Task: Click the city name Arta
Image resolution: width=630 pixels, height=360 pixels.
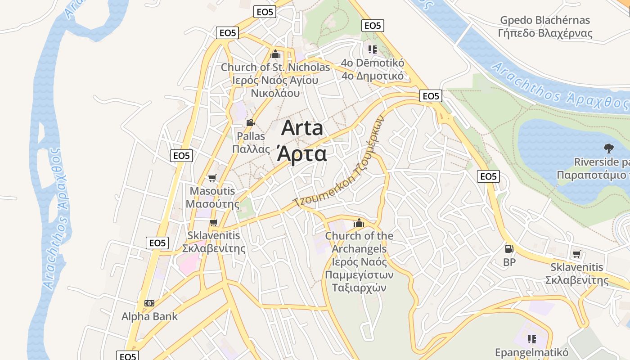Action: pyautogui.click(x=302, y=140)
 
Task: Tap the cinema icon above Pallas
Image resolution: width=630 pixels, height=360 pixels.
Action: pyautogui.click(x=250, y=122)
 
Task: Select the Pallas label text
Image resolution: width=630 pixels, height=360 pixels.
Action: pyautogui.click(x=251, y=142)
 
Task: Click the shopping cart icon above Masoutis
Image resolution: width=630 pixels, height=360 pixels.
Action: pyautogui.click(x=212, y=178)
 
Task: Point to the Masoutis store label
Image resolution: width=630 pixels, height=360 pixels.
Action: pyautogui.click(x=212, y=197)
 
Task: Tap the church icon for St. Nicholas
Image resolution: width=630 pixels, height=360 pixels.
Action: pyautogui.click(x=275, y=54)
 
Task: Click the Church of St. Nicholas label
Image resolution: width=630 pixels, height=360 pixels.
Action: pyautogui.click(x=275, y=80)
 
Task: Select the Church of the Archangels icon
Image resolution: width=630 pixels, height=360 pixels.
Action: pyautogui.click(x=359, y=223)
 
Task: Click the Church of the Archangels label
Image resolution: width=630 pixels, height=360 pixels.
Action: pyautogui.click(x=359, y=261)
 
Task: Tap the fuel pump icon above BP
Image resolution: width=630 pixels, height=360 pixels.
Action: pyautogui.click(x=509, y=249)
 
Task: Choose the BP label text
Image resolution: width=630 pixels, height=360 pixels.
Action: pyautogui.click(x=509, y=262)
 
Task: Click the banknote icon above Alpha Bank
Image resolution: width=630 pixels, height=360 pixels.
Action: pyautogui.click(x=149, y=303)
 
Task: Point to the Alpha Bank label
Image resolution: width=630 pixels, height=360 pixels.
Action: pyautogui.click(x=149, y=316)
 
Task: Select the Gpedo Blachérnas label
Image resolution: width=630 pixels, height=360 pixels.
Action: pyautogui.click(x=545, y=27)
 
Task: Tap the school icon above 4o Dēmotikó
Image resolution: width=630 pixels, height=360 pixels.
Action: pyautogui.click(x=372, y=49)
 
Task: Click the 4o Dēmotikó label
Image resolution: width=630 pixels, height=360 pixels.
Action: pyautogui.click(x=373, y=69)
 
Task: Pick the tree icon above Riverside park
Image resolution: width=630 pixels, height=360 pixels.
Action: pyautogui.click(x=608, y=148)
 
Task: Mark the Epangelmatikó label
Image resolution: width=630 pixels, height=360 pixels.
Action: pyautogui.click(x=531, y=352)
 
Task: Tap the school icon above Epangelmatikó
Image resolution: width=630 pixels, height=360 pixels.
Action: pyautogui.click(x=531, y=339)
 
